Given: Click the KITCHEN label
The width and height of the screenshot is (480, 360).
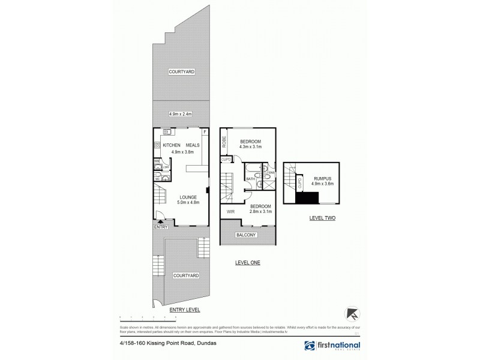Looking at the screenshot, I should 172,145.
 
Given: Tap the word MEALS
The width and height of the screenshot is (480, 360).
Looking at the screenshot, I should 193,145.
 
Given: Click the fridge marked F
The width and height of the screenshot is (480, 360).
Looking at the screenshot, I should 205,131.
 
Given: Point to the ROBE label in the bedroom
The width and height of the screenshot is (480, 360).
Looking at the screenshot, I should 224,142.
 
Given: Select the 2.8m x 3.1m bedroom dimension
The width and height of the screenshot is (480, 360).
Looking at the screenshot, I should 261,211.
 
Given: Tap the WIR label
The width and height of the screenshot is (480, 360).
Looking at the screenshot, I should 230,211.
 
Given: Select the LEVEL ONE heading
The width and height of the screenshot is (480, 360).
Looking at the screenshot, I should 247,263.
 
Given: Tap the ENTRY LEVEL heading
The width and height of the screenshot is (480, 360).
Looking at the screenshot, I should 184,309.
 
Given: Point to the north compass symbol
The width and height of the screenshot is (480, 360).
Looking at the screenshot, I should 351,313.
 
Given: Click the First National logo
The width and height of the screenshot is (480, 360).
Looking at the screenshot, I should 332,346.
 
